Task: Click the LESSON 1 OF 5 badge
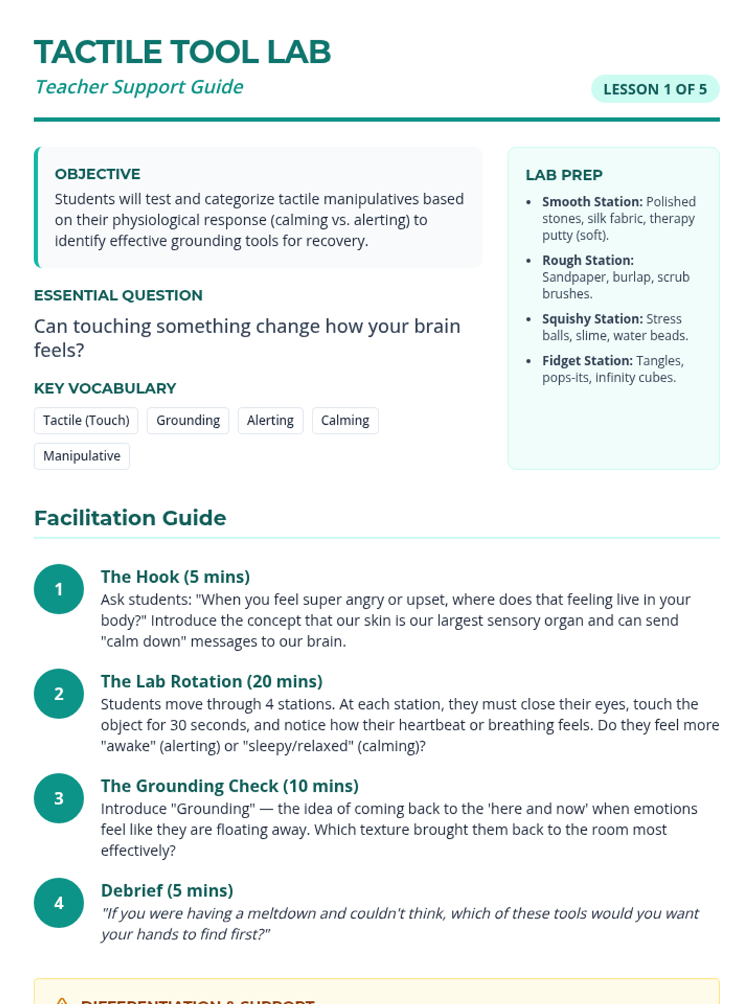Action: tap(654, 89)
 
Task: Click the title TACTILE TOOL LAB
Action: tap(182, 52)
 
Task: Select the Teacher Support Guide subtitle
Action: tap(139, 87)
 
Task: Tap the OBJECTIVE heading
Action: tap(97, 174)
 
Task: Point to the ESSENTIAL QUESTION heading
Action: tap(118, 295)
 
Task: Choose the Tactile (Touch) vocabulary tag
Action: tap(86, 420)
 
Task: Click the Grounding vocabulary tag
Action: tap(188, 420)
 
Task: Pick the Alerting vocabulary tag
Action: tap(270, 420)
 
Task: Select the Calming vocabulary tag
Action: tap(344, 420)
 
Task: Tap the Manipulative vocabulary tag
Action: tap(82, 456)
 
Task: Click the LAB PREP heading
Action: tap(563, 175)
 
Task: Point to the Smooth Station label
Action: tap(592, 202)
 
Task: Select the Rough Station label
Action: tap(587, 260)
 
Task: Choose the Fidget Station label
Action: tap(587, 361)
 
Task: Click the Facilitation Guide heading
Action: tap(130, 518)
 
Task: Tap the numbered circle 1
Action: tap(59, 589)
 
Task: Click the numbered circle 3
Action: tap(59, 798)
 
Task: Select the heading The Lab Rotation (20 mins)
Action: tap(211, 681)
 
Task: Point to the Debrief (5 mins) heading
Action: tap(167, 890)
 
